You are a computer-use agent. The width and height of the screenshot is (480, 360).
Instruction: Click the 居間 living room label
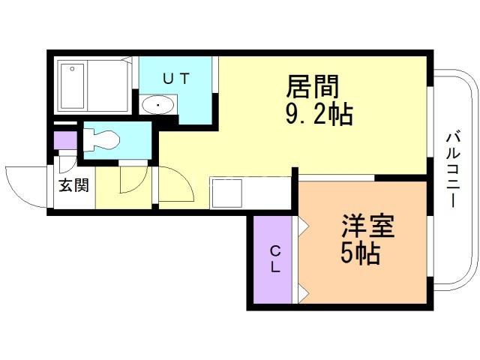(x=313, y=87)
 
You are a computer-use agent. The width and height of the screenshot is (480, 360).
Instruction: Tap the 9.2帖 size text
(x=319, y=115)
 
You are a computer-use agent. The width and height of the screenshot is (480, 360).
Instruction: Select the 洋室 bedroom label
(x=368, y=226)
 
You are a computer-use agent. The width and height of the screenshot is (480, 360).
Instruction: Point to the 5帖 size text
(x=360, y=253)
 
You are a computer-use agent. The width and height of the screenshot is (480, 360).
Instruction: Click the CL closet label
(x=275, y=259)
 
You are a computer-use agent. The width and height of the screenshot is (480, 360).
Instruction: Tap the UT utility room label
(x=176, y=79)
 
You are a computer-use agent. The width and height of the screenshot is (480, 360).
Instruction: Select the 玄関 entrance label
(x=73, y=185)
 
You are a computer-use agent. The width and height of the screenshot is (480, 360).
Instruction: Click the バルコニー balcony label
(x=453, y=170)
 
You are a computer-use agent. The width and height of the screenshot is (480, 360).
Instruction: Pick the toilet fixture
(x=100, y=140)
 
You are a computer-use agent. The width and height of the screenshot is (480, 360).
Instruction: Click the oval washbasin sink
(x=158, y=105)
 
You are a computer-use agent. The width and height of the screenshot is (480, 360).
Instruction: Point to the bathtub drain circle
(x=73, y=68)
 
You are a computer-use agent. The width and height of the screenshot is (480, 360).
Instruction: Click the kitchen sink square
(x=227, y=193)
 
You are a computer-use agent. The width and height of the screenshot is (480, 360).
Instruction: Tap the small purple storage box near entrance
(x=65, y=140)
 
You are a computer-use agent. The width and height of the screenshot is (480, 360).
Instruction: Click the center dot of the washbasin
(x=158, y=105)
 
